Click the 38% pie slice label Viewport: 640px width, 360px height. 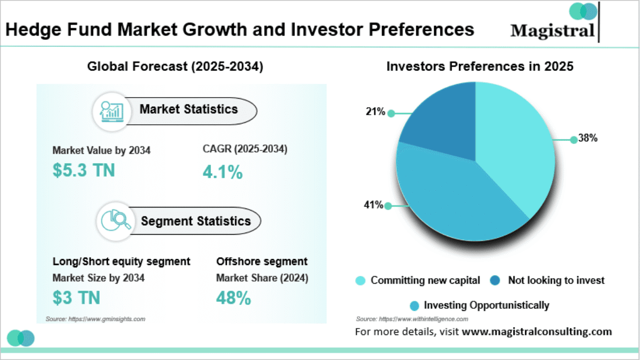(x=588, y=139)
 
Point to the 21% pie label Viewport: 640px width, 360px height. (x=375, y=112)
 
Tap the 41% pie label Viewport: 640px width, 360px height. (x=374, y=205)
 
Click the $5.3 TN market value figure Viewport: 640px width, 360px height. (x=84, y=170)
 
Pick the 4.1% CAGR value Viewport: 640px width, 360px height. (x=222, y=172)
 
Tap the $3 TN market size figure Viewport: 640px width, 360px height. (x=76, y=297)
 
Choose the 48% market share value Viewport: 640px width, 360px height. (x=234, y=298)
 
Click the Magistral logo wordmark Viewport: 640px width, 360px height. (x=553, y=30)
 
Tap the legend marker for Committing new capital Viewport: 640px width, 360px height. (x=361, y=281)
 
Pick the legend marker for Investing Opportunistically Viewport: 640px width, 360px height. (x=414, y=306)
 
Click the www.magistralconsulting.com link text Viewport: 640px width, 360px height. (x=537, y=331)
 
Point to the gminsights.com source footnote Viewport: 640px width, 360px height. (x=95, y=318)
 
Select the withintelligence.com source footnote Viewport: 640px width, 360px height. (x=412, y=319)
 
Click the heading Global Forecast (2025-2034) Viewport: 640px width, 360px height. (x=175, y=67)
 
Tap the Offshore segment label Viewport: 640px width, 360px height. (x=262, y=261)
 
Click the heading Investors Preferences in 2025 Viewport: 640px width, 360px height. (x=479, y=67)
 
